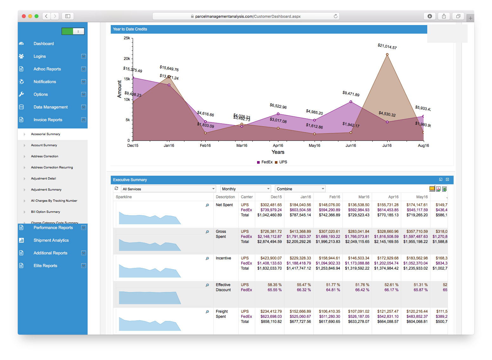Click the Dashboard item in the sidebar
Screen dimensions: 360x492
point(43,44)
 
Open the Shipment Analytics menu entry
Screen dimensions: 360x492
point(51,240)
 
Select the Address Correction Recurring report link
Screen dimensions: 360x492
point(52,167)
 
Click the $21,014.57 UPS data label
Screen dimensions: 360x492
point(387,47)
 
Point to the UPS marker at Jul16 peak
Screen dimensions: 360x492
point(387,55)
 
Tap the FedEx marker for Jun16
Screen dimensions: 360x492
point(351,102)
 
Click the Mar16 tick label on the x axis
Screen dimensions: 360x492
point(242,146)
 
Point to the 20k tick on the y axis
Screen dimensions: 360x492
point(127,59)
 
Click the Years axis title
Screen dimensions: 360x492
point(278,152)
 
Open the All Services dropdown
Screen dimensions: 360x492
point(169,189)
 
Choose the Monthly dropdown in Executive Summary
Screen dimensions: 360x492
point(245,189)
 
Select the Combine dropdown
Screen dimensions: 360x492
point(300,189)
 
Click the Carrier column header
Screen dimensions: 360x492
point(247,197)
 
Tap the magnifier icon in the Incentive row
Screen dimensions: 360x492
point(207,259)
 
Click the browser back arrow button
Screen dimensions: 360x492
point(46,16)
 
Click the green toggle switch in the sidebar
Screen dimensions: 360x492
point(73,31)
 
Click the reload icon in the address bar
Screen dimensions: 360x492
point(336,16)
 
